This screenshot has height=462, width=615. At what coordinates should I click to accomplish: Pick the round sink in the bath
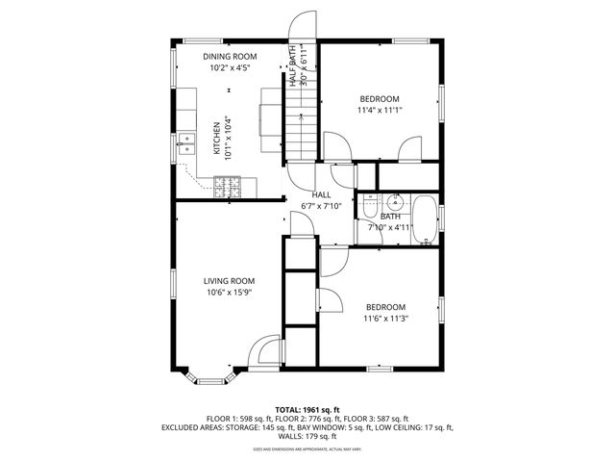point(394,203)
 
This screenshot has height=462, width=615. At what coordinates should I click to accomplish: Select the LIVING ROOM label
point(229,281)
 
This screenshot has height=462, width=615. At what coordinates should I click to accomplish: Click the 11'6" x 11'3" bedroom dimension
point(384,319)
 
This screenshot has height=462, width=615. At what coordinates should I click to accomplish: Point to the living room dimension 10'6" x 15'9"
point(229,294)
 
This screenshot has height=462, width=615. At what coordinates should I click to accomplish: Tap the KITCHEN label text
point(216,138)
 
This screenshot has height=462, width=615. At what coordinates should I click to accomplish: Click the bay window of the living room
point(209,378)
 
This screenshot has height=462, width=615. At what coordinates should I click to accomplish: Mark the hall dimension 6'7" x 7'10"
point(321,206)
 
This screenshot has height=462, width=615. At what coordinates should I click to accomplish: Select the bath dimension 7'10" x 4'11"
point(390,228)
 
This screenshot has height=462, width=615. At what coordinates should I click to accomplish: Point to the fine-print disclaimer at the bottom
point(307,449)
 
